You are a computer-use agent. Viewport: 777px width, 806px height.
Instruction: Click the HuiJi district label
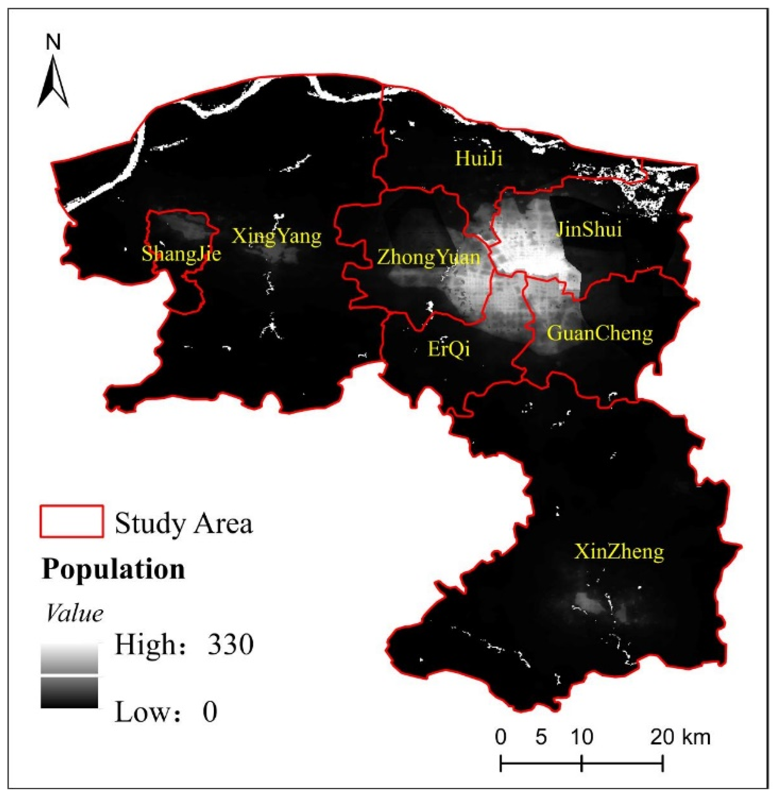pos(479,158)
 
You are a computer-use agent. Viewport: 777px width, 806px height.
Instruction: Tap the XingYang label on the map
pos(276,236)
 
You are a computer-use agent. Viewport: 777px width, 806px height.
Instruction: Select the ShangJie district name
pos(181,254)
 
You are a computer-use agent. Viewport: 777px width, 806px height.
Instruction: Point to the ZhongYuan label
pos(429,258)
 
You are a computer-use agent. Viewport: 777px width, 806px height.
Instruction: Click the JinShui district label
pos(589,229)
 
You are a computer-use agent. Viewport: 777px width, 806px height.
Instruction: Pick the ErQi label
pos(449,349)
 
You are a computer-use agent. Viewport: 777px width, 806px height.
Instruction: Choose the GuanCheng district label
pos(600,334)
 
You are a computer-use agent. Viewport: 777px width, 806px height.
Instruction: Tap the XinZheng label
pos(619,552)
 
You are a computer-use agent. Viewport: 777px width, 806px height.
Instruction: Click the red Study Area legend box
pos(72,521)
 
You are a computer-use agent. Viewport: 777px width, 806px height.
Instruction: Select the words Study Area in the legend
pos(184,524)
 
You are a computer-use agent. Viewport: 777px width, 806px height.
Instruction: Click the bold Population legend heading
pos(113,570)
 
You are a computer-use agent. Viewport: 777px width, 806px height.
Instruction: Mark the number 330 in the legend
pos(230,644)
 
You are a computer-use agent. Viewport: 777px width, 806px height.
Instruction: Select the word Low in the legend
pos(142,712)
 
